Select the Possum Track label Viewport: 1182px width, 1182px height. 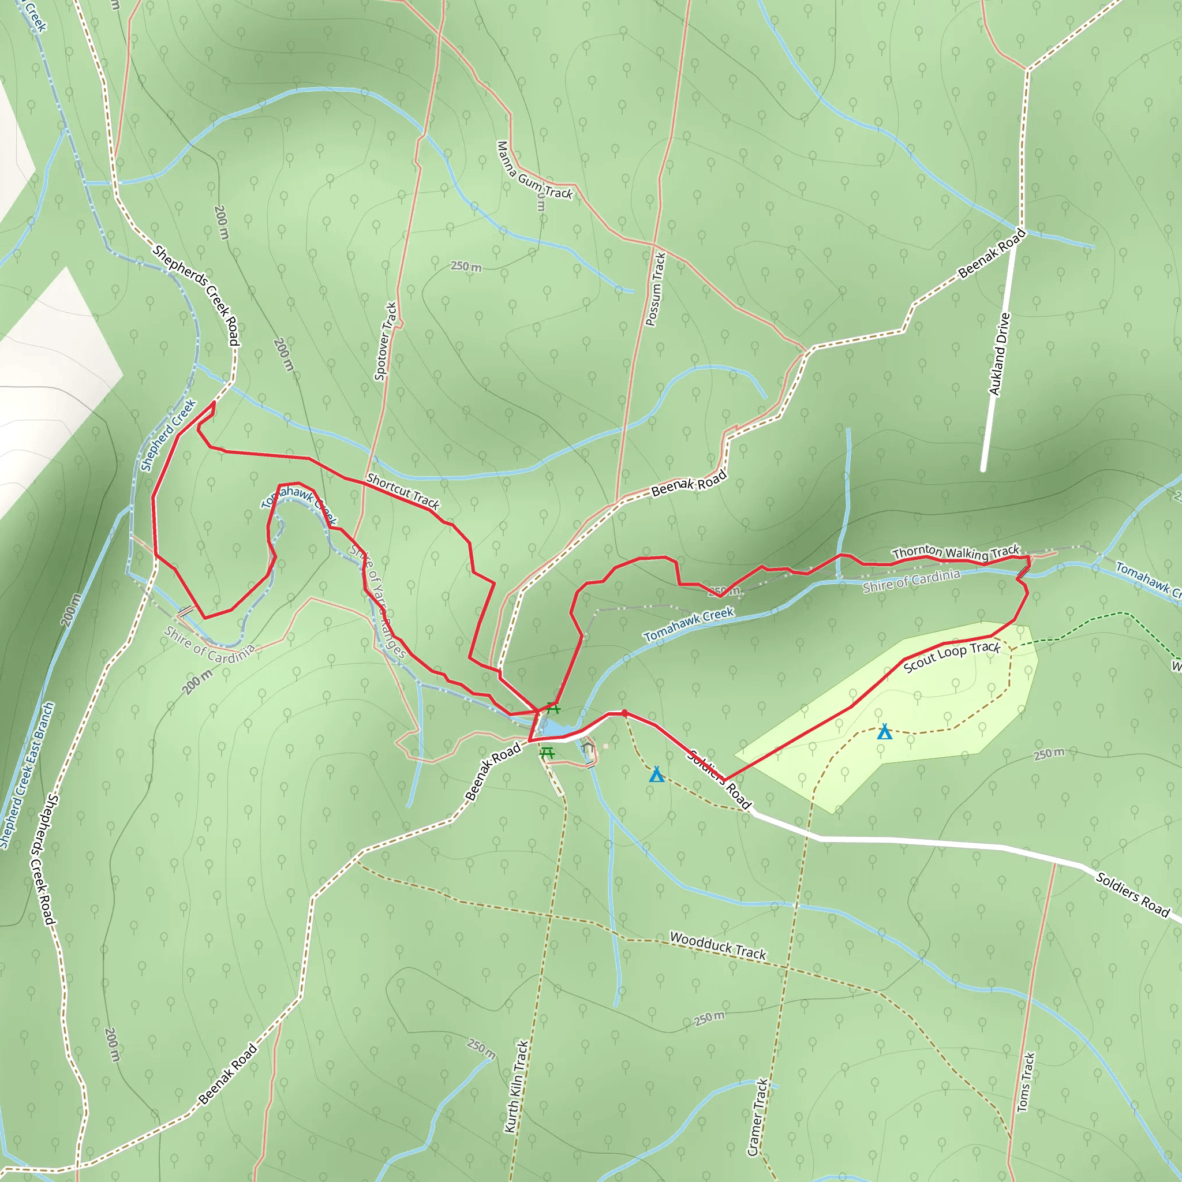[x=655, y=289]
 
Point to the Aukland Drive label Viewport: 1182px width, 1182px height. [x=999, y=354]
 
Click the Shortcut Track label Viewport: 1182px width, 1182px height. [x=403, y=491]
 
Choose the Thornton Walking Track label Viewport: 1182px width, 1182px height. [x=956, y=552]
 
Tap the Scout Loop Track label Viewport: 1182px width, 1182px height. [x=952, y=656]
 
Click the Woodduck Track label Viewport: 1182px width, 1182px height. [x=717, y=946]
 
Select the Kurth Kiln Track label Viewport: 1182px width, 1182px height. [x=515, y=1087]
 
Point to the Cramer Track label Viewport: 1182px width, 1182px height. [x=757, y=1117]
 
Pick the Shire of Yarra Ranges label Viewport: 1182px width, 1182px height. [x=377, y=601]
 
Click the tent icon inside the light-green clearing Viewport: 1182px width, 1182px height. [x=884, y=732]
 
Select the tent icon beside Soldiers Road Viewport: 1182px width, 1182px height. [x=656, y=775]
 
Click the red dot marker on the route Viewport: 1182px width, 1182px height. [x=624, y=713]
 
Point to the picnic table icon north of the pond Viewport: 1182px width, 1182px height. [x=553, y=709]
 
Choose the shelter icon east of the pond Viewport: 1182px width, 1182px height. [x=589, y=747]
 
